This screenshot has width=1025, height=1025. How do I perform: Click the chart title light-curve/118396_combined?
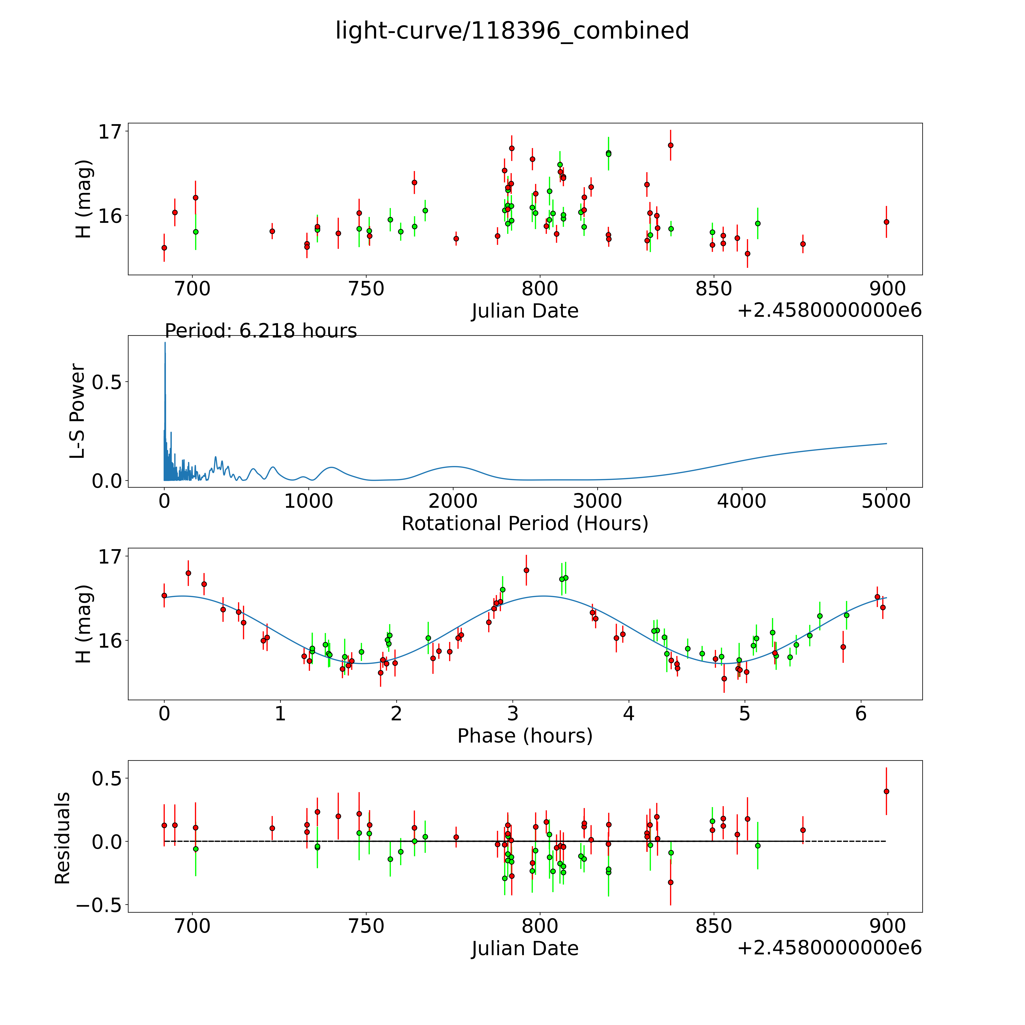(512, 31)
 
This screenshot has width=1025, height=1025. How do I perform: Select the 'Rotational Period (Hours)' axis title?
(525, 524)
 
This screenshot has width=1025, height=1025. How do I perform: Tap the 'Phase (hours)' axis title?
(525, 736)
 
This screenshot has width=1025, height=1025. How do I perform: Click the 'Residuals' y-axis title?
(63, 838)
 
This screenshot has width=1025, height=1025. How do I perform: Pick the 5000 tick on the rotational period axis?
(886, 501)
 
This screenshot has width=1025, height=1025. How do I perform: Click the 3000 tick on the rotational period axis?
(597, 501)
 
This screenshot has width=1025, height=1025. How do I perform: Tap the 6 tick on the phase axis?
(861, 714)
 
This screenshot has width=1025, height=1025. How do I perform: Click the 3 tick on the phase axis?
(512, 714)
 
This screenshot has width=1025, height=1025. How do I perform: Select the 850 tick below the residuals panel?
(714, 926)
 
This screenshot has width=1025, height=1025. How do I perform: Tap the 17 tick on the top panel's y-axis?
(109, 132)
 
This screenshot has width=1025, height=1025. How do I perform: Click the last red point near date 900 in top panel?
(886, 222)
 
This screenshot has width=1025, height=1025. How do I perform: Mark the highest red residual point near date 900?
(886, 791)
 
